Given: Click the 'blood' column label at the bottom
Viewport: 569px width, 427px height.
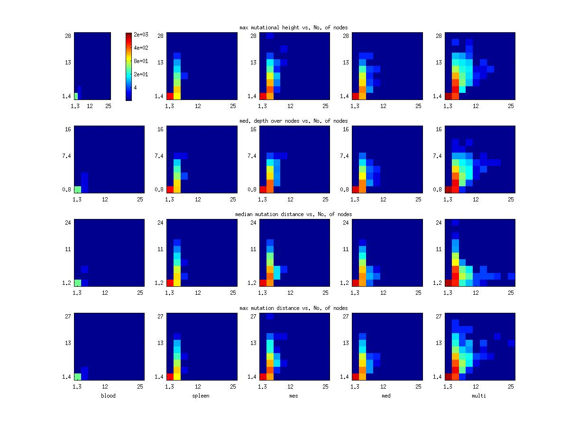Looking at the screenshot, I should [108, 396].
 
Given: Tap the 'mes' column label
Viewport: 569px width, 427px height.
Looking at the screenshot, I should [294, 396].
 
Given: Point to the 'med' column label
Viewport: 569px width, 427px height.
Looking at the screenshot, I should [386, 396].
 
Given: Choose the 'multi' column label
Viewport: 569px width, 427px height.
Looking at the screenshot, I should [479, 396].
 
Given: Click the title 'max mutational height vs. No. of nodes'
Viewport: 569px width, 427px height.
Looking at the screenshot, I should [294, 27].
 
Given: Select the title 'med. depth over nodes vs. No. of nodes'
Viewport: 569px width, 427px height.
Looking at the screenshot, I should [294, 121].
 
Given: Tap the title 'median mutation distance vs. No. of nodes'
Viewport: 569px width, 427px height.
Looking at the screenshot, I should [294, 214].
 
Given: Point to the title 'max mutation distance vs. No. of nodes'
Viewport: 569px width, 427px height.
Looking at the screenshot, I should [294, 308].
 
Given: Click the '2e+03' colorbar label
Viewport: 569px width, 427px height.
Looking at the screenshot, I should [141, 35].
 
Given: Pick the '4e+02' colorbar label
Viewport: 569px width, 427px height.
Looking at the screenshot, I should [141, 48].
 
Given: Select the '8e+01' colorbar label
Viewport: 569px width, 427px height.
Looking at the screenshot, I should [141, 61].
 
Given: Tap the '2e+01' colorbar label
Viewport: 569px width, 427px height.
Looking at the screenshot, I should [141, 74].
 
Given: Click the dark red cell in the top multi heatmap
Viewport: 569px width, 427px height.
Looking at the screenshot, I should [449, 96].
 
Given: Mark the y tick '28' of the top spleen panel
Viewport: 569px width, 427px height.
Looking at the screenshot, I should [161, 36].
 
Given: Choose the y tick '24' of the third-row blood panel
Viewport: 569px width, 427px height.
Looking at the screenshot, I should [68, 223].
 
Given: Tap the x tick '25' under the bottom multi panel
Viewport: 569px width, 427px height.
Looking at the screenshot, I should [511, 387].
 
